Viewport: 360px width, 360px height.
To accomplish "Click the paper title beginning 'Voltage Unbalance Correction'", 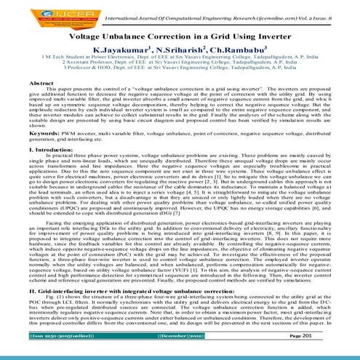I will pyautogui.click(x=180, y=35).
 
